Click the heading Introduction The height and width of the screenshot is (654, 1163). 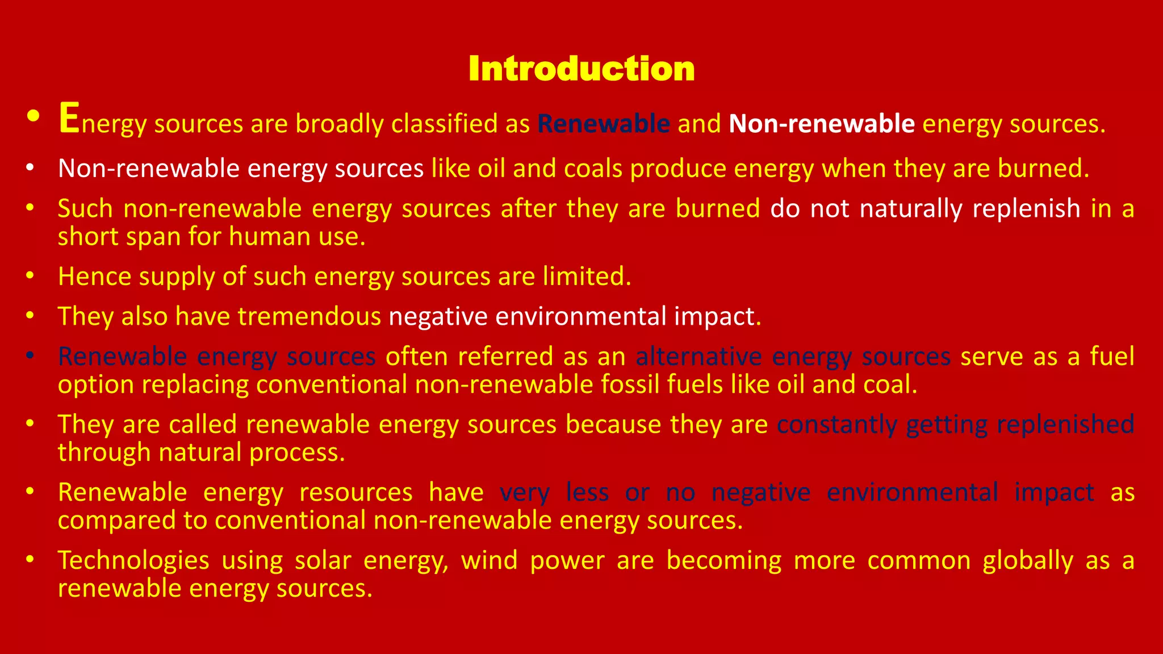[x=581, y=69]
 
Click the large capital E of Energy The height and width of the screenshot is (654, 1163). [x=69, y=118]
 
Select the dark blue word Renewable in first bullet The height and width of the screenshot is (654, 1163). [x=604, y=124]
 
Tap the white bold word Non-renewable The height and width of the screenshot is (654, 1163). [x=822, y=124]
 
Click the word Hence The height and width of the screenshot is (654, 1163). [x=94, y=276]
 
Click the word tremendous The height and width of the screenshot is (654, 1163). [x=309, y=316]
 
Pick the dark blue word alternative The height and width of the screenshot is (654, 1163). [x=698, y=357]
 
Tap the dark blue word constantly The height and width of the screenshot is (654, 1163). [x=837, y=425]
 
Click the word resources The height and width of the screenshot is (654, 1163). [x=355, y=492]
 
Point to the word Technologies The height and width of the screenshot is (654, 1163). [x=133, y=560]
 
